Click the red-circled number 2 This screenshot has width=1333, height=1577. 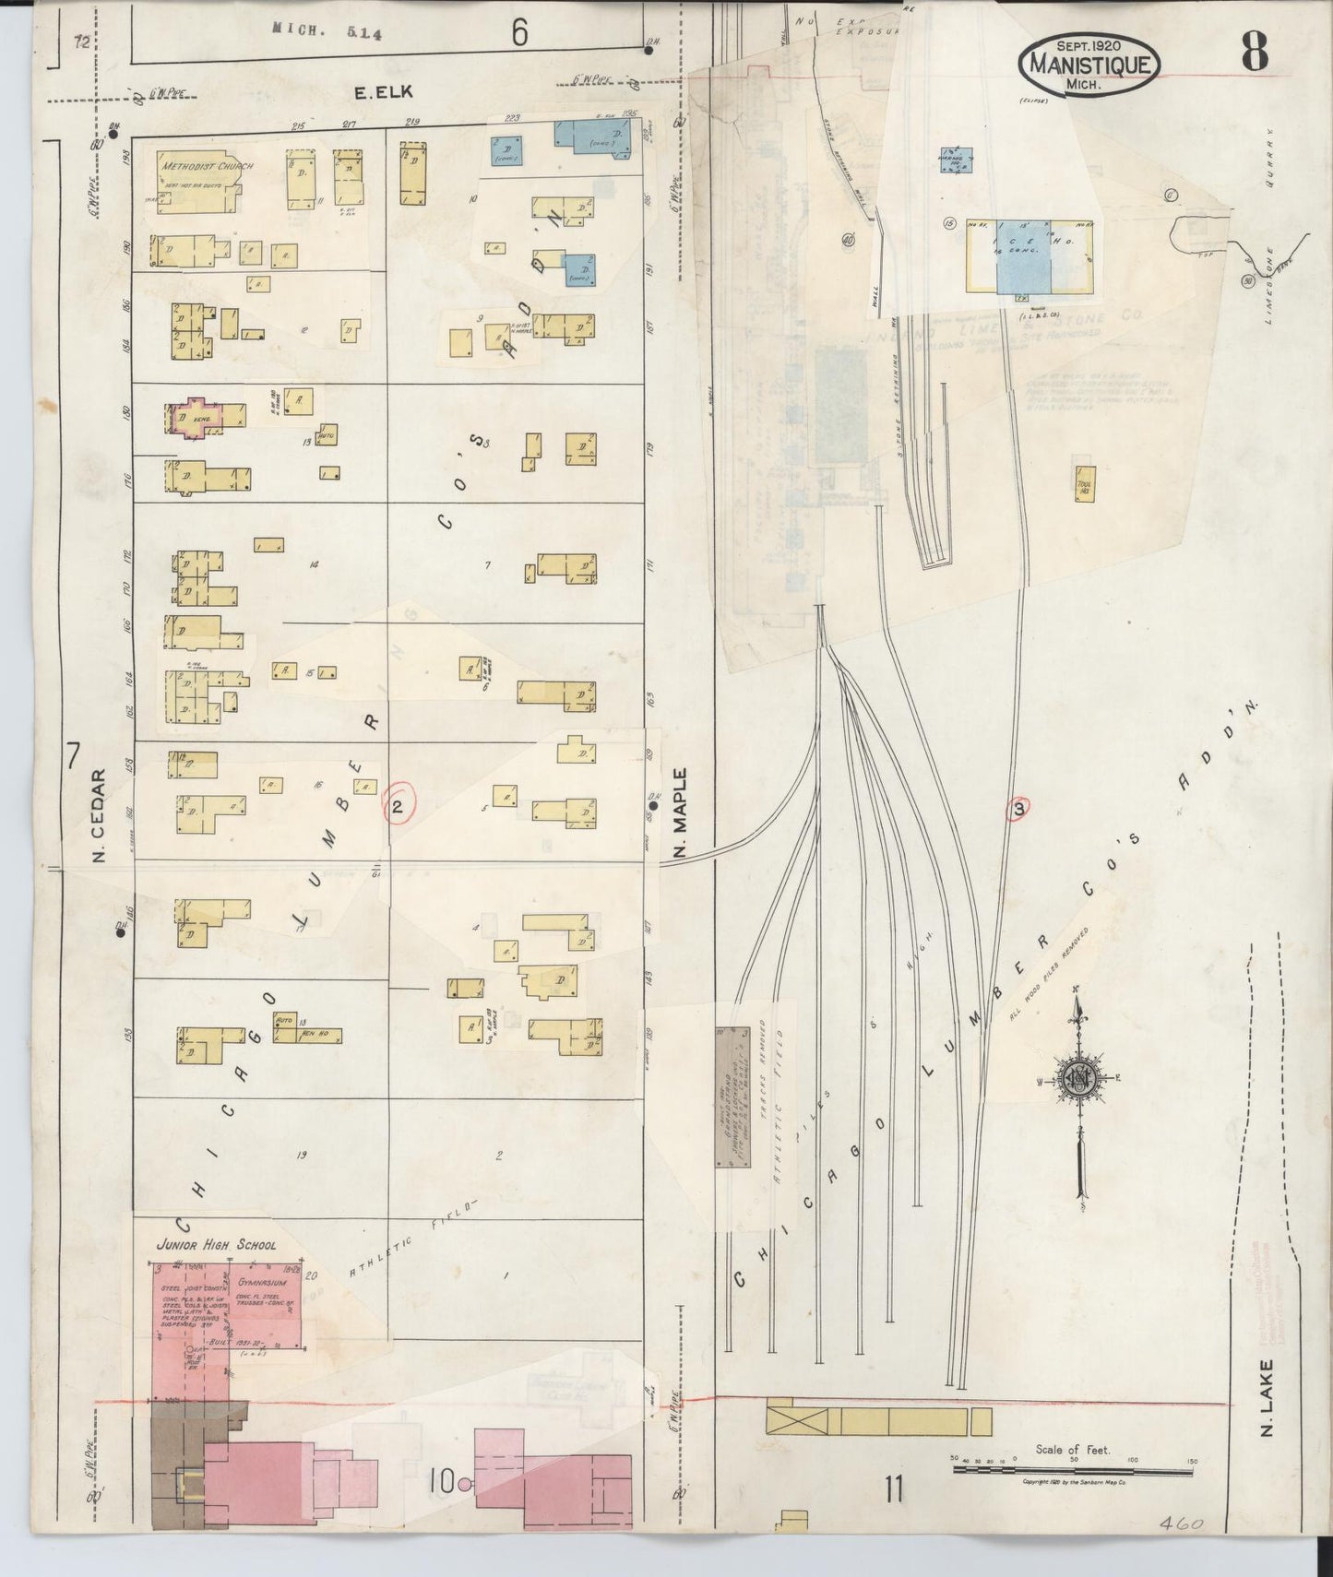(x=397, y=807)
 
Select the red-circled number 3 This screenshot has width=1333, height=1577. (x=1018, y=809)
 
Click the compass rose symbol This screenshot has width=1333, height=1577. (x=1077, y=1082)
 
